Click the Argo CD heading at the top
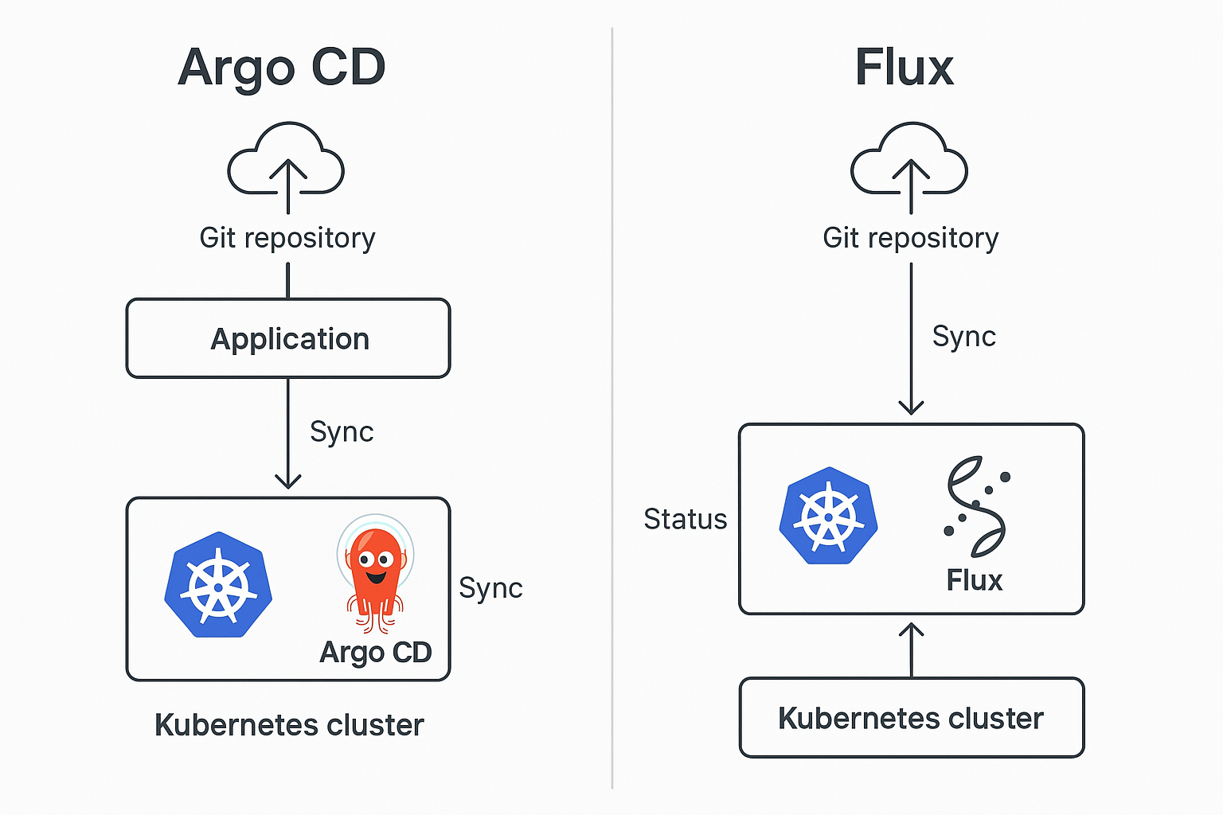[282, 68]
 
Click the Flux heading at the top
[904, 68]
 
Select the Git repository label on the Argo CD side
[287, 238]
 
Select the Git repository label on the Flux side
[910, 238]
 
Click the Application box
[288, 338]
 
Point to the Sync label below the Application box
[342, 431]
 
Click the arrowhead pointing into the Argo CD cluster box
[287, 481]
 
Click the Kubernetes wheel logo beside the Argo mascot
[218, 585]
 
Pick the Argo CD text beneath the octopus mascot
[375, 653]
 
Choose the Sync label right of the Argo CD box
[490, 588]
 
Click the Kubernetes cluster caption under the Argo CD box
[289, 725]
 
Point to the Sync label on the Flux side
[963, 337]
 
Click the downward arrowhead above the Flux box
[911, 407]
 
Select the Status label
[685, 519]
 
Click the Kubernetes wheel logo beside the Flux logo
[828, 516]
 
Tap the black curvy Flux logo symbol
[976, 506]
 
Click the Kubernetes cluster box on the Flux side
[912, 718]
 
